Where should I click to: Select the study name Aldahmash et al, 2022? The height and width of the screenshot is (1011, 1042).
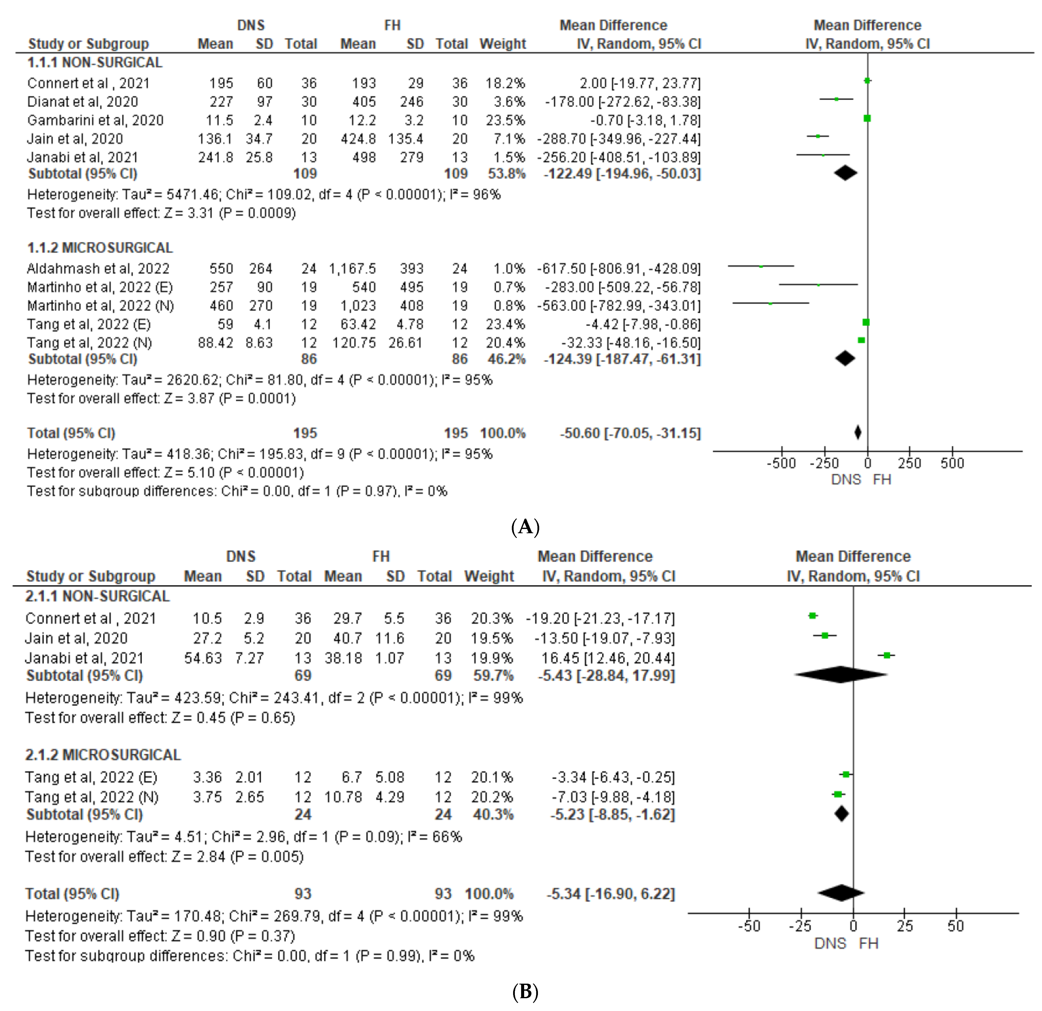point(98,269)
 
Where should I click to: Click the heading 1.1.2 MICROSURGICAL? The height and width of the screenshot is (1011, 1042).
point(100,248)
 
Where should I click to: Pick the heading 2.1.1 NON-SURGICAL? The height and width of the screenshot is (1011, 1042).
point(97,596)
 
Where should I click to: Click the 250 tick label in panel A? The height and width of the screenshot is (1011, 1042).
point(910,463)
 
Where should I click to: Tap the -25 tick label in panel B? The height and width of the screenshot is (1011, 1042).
point(800,926)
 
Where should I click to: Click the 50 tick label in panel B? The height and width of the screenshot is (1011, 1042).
point(955,926)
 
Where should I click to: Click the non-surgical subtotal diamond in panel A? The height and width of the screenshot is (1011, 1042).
point(845,173)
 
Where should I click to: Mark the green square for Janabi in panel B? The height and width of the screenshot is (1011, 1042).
point(887,656)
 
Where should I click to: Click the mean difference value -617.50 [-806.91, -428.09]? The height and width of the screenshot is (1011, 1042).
point(619,269)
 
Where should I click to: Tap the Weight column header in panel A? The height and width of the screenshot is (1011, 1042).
point(502,44)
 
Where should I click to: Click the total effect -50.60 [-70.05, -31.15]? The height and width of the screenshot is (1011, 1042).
point(630,433)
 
